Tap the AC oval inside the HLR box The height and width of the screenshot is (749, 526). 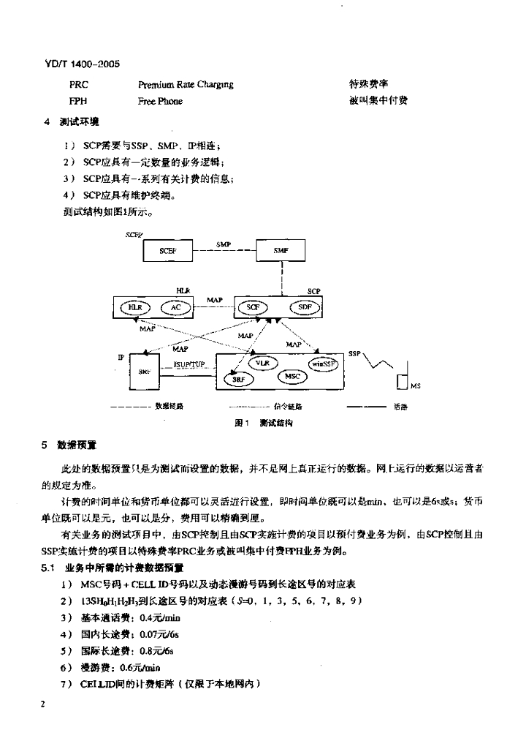point(175,308)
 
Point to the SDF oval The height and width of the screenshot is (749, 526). point(305,308)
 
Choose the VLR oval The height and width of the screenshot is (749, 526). point(261,362)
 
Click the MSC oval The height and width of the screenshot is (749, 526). point(292,377)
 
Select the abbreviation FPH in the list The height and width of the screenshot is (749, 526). point(78,102)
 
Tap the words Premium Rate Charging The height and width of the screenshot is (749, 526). point(186,85)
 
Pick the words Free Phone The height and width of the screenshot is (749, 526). point(160,102)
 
